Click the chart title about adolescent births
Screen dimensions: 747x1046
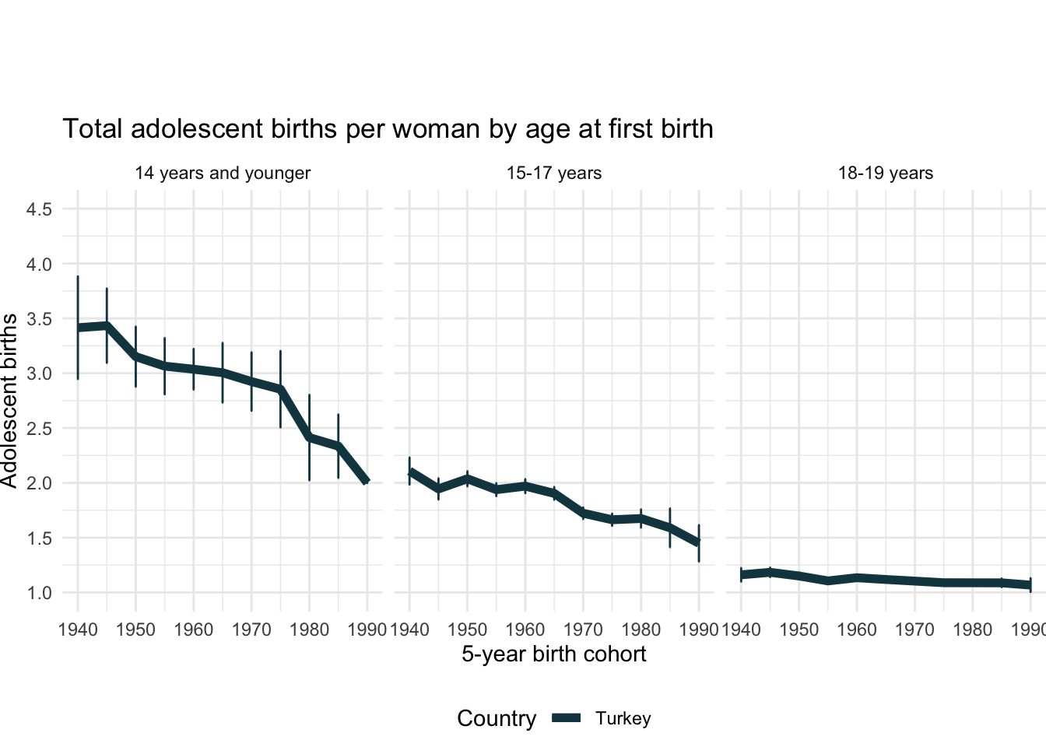(388, 128)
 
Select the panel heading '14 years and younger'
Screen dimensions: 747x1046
(223, 173)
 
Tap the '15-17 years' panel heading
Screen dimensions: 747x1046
(553, 173)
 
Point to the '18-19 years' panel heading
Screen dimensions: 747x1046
(885, 173)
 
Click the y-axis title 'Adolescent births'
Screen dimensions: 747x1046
(9, 401)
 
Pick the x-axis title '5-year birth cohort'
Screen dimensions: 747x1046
(553, 654)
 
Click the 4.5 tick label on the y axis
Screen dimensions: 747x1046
(39, 209)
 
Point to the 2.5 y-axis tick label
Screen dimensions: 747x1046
(39, 429)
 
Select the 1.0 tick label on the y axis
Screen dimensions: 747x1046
(39, 593)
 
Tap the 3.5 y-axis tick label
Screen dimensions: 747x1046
(39, 319)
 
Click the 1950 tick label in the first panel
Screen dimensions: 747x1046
(135, 629)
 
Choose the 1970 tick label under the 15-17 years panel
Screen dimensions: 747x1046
(583, 629)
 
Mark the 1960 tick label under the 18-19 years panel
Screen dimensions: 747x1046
(857, 629)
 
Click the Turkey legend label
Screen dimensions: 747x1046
(623, 718)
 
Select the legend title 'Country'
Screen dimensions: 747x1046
(497, 718)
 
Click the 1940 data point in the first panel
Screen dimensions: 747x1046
(78, 328)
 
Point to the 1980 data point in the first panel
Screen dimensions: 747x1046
(309, 437)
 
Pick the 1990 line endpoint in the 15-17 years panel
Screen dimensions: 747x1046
(699, 542)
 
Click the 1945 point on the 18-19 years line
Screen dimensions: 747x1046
(770, 573)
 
